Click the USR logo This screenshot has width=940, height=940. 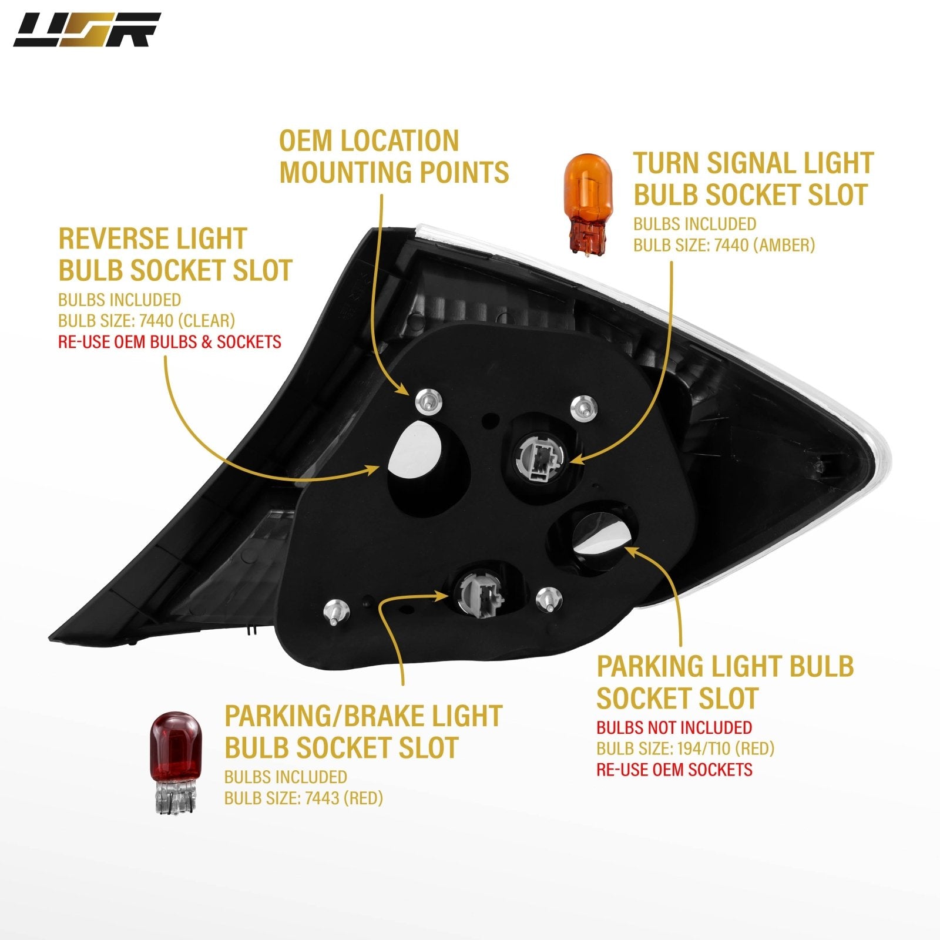87,30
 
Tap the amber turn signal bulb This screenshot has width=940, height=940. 588,203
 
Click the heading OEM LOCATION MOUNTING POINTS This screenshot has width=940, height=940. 394,157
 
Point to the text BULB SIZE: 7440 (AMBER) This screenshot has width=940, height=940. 724,244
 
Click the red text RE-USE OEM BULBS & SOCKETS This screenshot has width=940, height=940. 170,341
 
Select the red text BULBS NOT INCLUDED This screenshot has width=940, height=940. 674,727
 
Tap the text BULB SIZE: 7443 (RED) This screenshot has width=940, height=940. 303,798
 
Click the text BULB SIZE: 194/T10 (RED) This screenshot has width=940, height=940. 685,748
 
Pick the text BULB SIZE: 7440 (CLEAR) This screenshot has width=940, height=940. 146,320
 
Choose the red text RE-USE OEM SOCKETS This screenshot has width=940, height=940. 674,770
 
